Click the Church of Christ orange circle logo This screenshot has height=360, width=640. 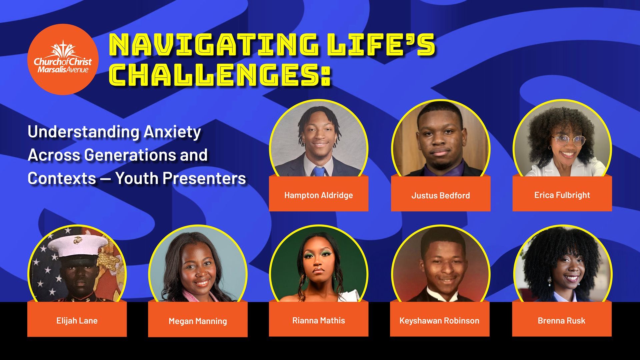point(63,59)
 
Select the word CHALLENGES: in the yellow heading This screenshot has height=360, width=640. point(220,74)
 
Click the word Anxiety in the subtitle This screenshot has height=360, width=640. point(172,132)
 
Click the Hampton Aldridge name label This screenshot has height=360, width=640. point(318,195)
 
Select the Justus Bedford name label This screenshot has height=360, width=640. point(440,195)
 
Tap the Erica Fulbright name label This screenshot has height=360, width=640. point(562,195)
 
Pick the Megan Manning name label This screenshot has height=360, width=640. point(198,321)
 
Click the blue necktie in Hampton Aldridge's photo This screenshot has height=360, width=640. point(319,171)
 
